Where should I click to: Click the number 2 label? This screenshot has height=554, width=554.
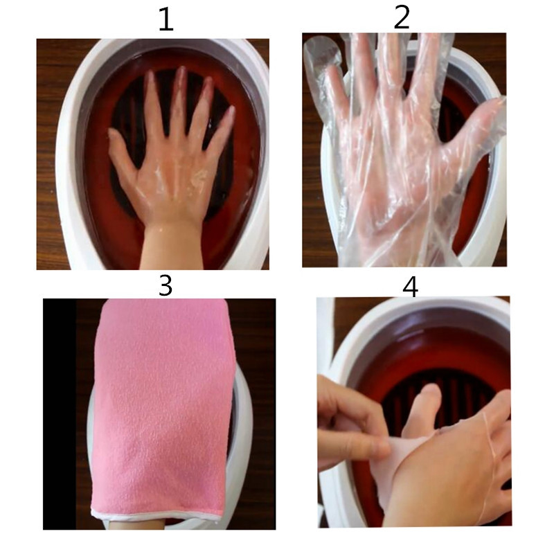click(401, 17)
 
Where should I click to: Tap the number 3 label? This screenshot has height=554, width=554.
click(165, 285)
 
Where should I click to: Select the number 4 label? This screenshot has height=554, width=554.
click(410, 286)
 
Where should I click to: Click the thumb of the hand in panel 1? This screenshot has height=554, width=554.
click(119, 147)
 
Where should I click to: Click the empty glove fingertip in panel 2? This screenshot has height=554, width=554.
click(320, 52)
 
